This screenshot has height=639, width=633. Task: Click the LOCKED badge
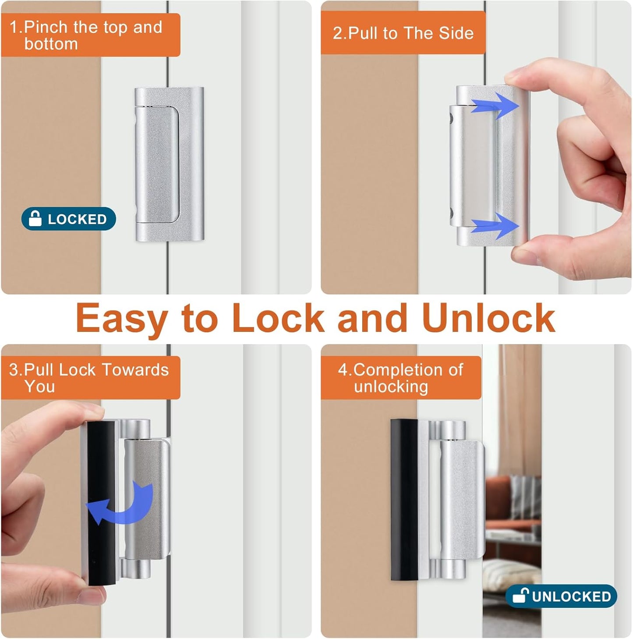(x=69, y=219)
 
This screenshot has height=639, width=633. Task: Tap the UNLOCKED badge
(x=561, y=596)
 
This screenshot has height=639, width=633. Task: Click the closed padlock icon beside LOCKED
(x=35, y=218)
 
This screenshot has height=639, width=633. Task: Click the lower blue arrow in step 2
(x=495, y=226)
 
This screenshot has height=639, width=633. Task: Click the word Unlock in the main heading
(x=488, y=318)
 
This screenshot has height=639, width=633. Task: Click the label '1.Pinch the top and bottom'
(x=90, y=35)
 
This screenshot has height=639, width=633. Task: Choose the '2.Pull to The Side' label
(x=403, y=33)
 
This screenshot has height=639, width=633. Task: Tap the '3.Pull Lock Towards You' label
(x=90, y=378)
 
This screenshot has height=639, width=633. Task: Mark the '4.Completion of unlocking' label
(x=401, y=378)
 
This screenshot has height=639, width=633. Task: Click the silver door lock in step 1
(x=169, y=164)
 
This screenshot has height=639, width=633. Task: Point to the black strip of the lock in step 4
(x=403, y=500)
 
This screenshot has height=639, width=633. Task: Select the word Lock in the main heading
(x=278, y=318)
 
